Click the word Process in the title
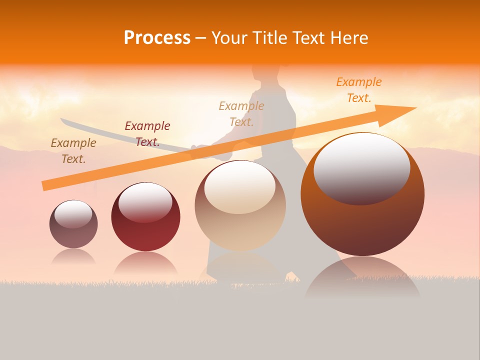pos(157,38)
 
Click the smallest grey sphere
pos(73,224)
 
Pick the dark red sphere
pos(145,217)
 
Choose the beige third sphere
pos(240,205)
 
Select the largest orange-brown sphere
pos(362,195)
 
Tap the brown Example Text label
pos(73,150)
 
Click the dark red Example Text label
pos(147,133)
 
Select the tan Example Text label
pos(241,113)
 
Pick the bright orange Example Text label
pos(359,90)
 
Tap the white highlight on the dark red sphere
pos(145,201)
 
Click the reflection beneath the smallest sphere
pos(73,256)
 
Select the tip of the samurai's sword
pos(61,119)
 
